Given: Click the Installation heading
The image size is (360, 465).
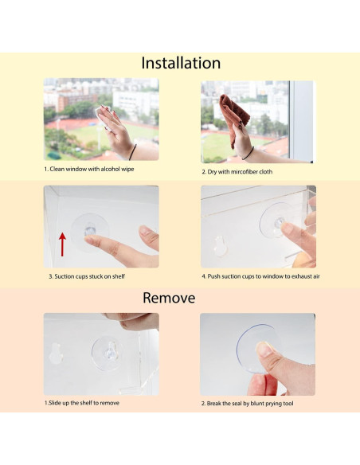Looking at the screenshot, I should click(180, 63).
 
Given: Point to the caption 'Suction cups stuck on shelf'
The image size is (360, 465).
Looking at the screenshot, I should click(86, 275).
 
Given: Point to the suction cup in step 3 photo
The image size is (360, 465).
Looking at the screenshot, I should click(91, 228).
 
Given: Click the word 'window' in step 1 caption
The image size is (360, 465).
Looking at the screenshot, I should click(72, 170).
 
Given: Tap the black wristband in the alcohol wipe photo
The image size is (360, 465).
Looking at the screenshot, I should click(131, 151).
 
